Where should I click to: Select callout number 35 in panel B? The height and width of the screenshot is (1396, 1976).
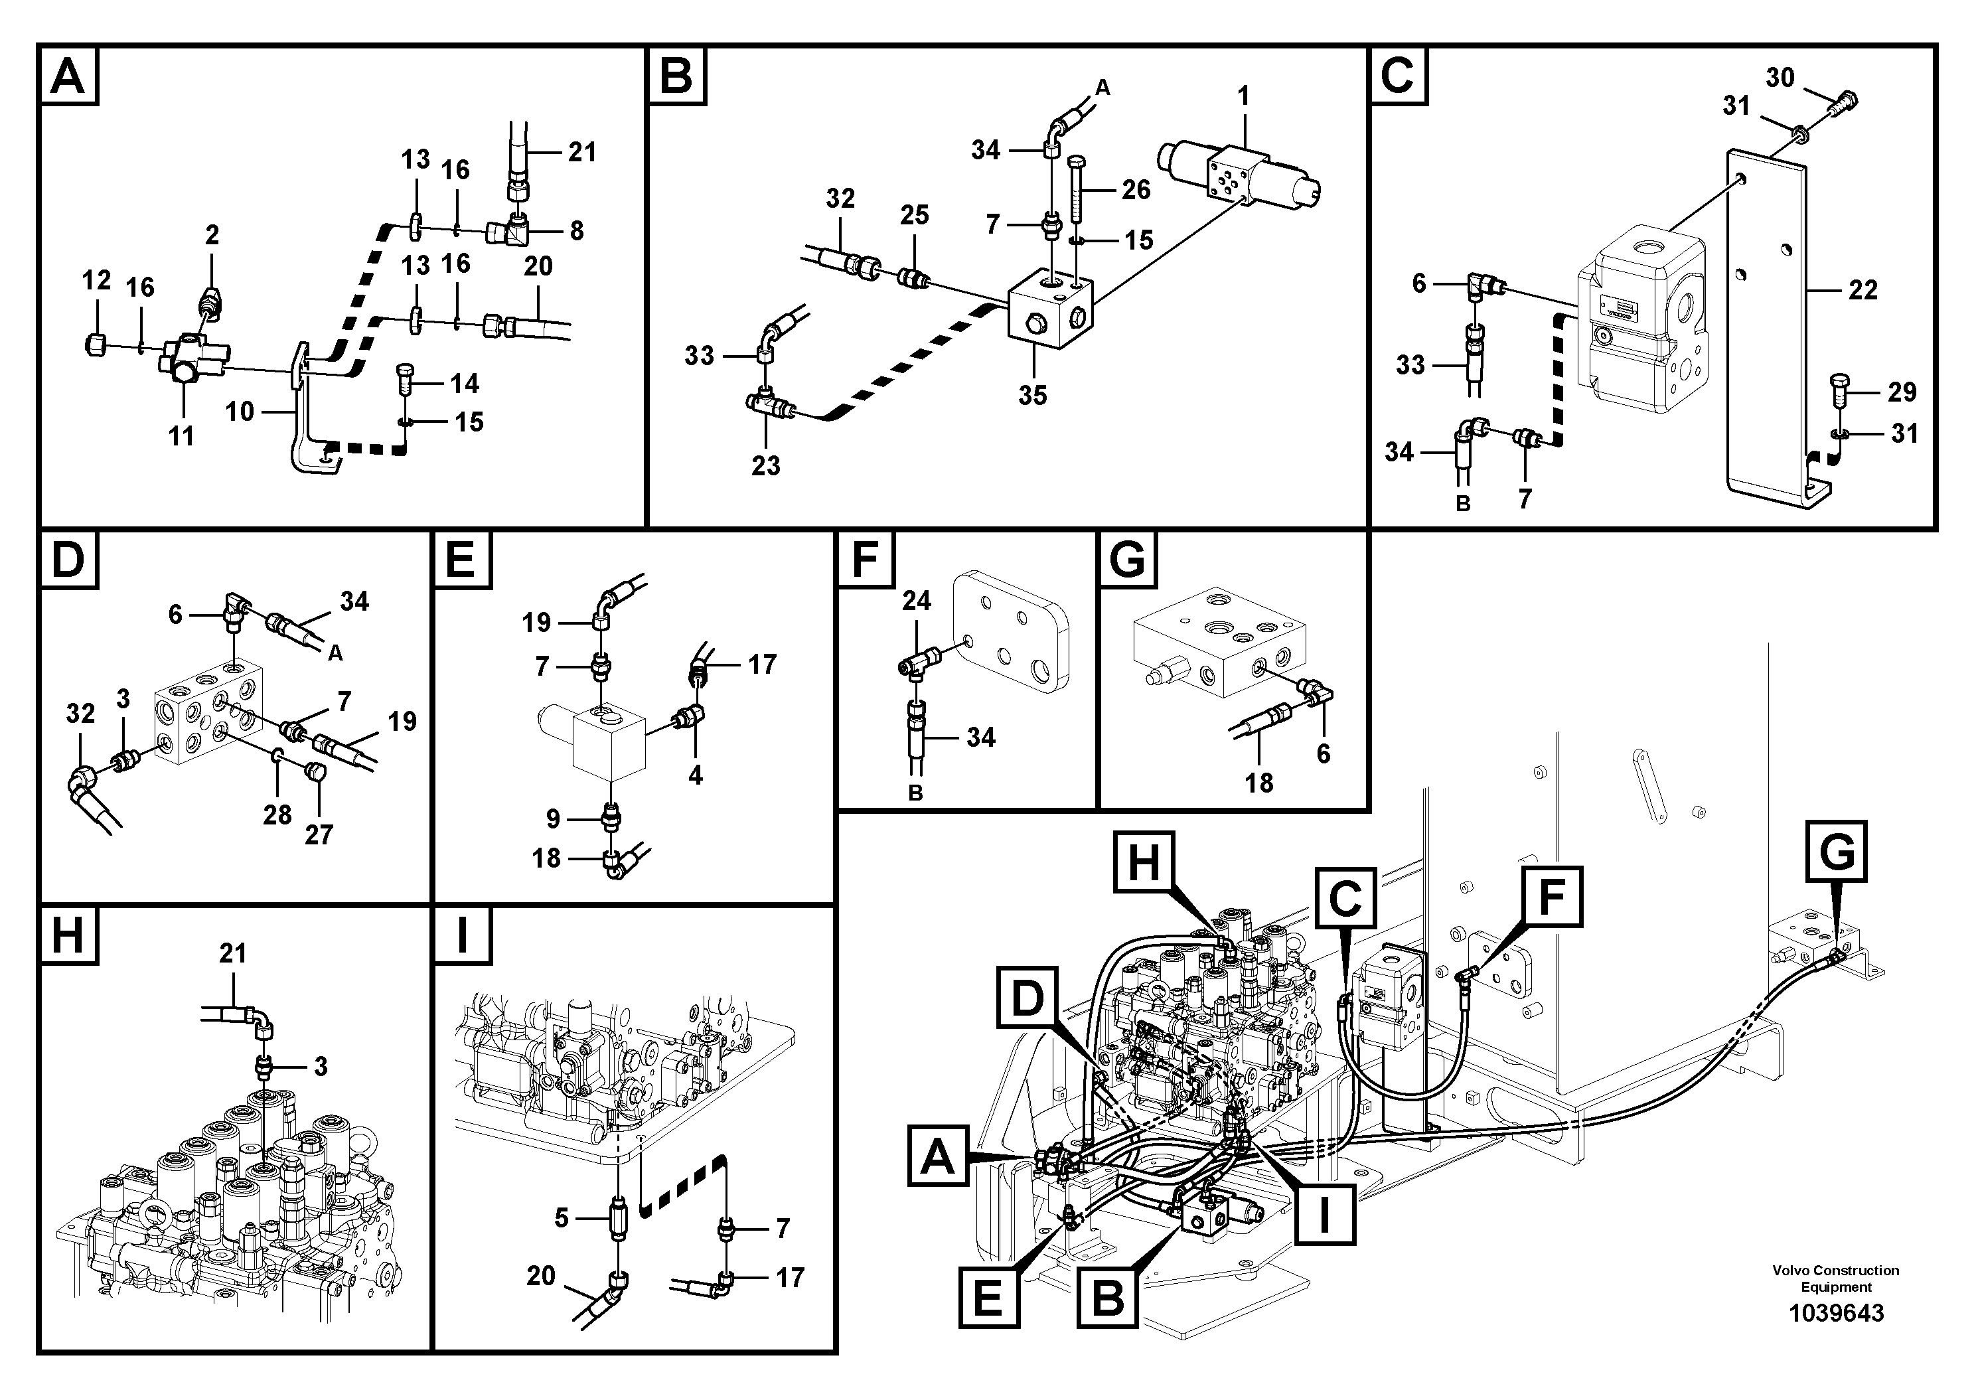(1032, 395)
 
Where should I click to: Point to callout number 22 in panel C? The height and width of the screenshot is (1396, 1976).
(1862, 290)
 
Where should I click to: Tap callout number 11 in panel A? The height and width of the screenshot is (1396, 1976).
(181, 436)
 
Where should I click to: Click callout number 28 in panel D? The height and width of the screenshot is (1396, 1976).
(277, 814)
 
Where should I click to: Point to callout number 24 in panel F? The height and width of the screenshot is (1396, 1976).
(916, 601)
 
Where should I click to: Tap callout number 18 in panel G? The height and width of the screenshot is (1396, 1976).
(1258, 783)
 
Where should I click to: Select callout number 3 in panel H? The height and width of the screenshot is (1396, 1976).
(320, 1067)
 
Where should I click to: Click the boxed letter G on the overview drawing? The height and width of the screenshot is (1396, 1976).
(1837, 852)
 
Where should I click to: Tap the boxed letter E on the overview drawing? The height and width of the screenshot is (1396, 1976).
(988, 1298)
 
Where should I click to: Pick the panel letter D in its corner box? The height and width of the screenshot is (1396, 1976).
(68, 560)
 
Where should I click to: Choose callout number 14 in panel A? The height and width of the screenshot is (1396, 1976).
(465, 383)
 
